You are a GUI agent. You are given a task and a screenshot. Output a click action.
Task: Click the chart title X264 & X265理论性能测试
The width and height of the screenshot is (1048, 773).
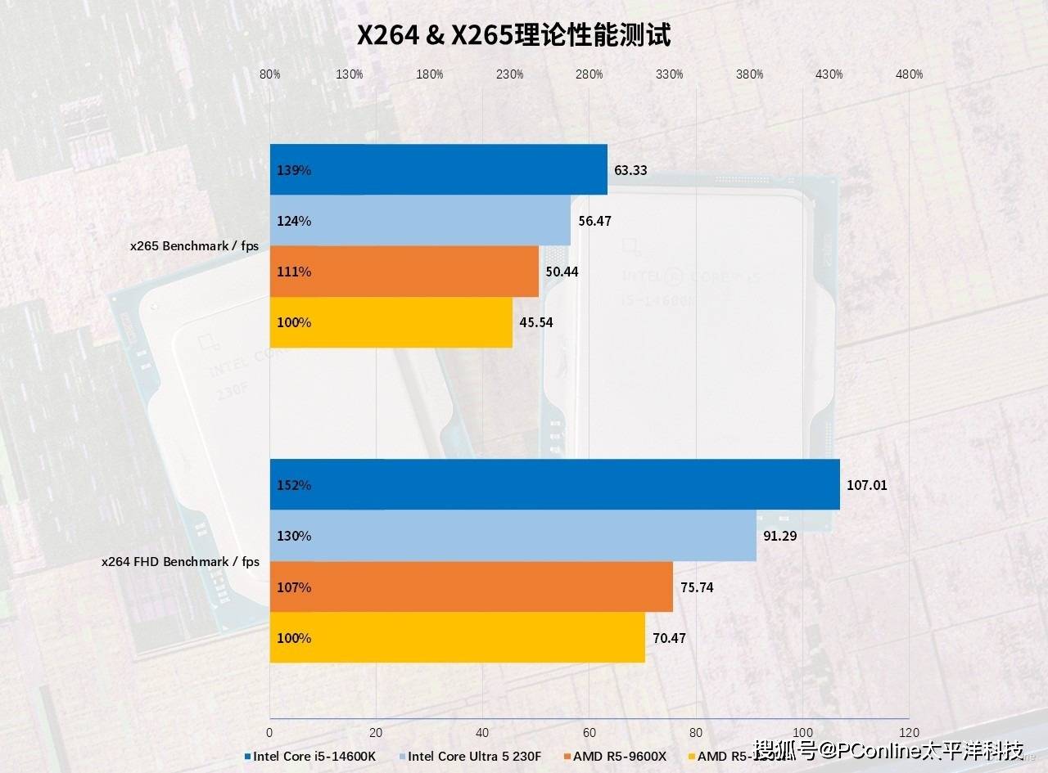click(513, 36)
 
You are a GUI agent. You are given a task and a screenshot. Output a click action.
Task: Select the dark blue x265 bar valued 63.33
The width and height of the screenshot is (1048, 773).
click(439, 170)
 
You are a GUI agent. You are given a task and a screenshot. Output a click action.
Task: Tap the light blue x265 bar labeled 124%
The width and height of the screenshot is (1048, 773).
click(420, 221)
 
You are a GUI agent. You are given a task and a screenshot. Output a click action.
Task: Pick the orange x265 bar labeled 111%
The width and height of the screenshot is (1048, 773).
click(404, 272)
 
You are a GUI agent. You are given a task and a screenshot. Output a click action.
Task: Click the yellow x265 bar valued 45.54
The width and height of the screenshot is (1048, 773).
click(391, 322)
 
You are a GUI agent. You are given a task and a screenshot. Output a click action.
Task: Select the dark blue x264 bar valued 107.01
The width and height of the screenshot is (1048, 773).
click(555, 485)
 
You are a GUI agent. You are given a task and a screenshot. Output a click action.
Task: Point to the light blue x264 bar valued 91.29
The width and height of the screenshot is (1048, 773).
click(513, 536)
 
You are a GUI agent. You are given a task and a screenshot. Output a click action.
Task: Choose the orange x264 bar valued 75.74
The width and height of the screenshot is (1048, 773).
click(472, 587)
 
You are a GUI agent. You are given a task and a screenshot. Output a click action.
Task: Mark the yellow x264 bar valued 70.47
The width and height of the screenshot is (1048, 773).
click(458, 638)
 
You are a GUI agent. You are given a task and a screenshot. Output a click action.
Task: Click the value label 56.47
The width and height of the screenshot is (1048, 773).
click(594, 221)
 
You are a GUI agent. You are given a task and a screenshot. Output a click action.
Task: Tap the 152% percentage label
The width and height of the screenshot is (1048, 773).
click(294, 485)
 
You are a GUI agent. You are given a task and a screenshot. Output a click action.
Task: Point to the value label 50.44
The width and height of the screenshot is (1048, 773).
click(562, 272)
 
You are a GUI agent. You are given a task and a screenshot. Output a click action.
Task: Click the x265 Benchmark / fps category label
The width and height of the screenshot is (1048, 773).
click(195, 246)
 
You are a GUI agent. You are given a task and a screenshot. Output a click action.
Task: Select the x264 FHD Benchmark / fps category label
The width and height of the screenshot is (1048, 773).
click(180, 562)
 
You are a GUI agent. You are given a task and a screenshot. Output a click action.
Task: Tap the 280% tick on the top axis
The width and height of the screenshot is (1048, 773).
click(589, 74)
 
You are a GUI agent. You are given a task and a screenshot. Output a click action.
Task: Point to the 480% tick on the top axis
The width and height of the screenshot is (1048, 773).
click(909, 74)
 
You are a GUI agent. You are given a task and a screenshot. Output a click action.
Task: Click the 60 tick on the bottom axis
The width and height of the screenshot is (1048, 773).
click(589, 732)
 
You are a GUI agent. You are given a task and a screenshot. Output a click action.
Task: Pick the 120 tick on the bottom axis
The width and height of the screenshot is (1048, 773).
click(909, 732)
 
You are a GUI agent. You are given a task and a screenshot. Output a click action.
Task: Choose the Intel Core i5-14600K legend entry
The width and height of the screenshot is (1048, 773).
click(310, 756)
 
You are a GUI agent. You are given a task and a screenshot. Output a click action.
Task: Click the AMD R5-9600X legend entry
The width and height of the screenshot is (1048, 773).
click(614, 756)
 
